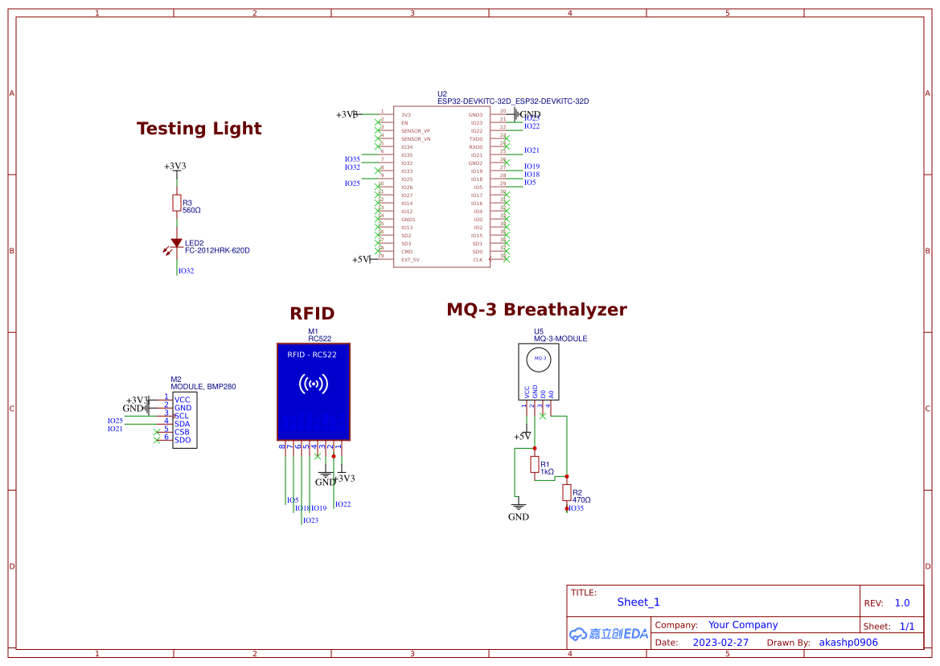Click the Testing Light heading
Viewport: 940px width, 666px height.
click(199, 129)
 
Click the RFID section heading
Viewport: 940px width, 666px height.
click(312, 314)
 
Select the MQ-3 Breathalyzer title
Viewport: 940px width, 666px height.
click(536, 310)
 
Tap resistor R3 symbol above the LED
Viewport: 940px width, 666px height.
click(176, 203)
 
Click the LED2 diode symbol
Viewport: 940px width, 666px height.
click(176, 243)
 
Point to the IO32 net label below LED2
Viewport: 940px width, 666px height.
click(186, 271)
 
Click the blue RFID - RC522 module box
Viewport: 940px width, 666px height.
click(313, 391)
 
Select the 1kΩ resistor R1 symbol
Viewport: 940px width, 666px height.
click(535, 464)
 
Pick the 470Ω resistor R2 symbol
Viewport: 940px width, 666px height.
click(567, 492)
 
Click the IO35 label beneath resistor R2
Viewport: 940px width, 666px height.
click(576, 508)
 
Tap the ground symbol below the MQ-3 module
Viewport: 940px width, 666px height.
click(519, 507)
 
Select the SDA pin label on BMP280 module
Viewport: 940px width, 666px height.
click(183, 424)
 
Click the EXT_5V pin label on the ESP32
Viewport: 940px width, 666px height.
click(410, 260)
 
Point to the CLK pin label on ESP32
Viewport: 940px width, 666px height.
click(478, 260)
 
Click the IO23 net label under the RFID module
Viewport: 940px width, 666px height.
click(310, 520)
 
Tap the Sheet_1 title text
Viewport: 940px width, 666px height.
click(638, 602)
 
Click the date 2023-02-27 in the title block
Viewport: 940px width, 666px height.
click(720, 643)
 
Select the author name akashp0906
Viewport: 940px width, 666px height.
click(848, 643)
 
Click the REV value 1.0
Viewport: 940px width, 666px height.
click(902, 603)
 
